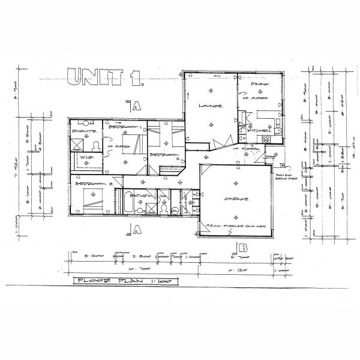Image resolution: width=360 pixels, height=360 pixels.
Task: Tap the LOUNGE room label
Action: [211, 106]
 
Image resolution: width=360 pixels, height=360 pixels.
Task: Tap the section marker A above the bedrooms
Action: [135, 106]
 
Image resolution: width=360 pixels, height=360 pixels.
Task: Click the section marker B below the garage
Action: [242, 247]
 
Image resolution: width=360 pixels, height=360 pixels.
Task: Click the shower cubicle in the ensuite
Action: [77, 143]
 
